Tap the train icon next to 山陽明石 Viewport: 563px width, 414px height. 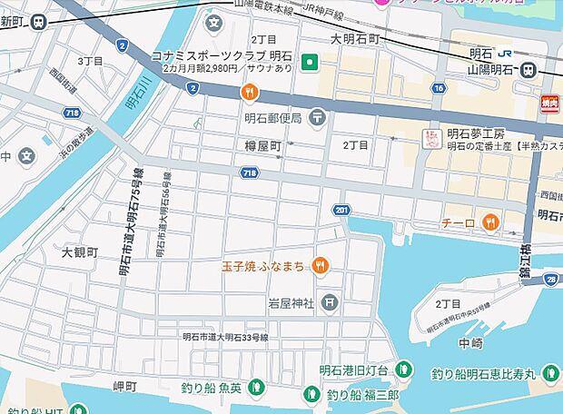(x=528, y=70)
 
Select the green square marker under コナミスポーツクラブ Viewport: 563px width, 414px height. (x=310, y=63)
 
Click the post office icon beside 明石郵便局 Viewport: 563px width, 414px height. (x=317, y=116)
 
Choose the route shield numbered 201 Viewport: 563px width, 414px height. (x=341, y=211)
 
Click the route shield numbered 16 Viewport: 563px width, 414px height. (x=440, y=88)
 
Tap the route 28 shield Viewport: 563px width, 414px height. (x=552, y=281)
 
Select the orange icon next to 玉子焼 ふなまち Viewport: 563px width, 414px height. (x=320, y=266)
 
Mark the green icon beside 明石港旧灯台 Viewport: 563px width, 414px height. (x=404, y=370)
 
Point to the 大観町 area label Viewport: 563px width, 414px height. (x=79, y=251)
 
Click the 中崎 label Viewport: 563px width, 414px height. (x=470, y=342)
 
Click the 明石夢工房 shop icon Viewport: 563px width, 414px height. (x=433, y=139)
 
